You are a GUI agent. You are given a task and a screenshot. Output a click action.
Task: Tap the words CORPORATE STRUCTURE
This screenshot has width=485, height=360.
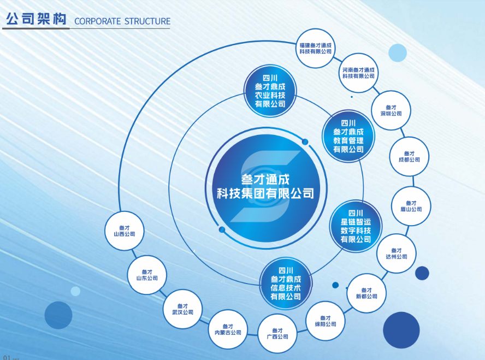pos(122,21)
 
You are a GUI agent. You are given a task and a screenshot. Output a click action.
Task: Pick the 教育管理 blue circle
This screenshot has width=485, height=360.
pos(348,136)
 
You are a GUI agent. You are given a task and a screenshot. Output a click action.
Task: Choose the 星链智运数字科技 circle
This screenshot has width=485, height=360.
pos(356,226)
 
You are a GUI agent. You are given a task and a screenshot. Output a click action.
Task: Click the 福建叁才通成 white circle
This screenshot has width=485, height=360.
pos(315,48)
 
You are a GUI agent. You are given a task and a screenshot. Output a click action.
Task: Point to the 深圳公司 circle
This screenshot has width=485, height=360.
pos(391,110)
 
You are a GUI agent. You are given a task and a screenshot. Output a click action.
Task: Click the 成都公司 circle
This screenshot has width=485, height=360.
pos(409,156)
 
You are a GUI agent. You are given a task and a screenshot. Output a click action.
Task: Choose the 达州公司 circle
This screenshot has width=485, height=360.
pos(397,253)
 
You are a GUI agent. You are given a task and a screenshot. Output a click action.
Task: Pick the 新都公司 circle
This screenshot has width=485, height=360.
pos(366,293)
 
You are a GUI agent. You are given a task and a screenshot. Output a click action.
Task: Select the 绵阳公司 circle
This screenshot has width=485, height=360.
pos(325,321)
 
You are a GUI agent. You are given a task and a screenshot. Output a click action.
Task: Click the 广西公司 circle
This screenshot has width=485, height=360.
pos(277,333)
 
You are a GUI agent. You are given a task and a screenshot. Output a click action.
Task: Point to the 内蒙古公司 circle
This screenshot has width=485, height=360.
pos(228,329)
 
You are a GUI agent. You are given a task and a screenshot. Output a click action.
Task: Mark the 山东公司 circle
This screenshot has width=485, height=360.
pos(147,275)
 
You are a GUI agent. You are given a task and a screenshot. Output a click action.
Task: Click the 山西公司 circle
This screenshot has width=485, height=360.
pos(124,231)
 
